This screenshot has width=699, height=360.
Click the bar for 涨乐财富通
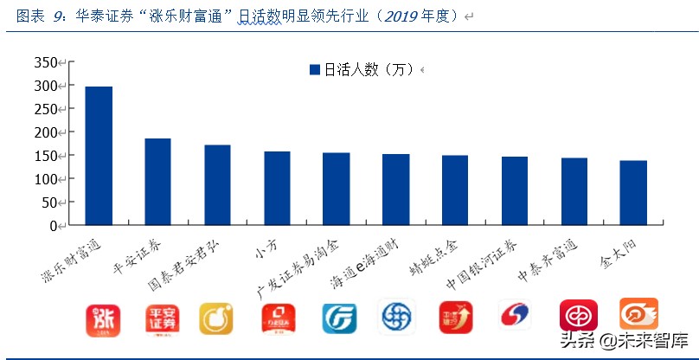pos(99,156)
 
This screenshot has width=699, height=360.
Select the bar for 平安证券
pos(157,182)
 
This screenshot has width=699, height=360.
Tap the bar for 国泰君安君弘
pos(217,185)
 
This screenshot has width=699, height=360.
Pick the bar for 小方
pos(277,189)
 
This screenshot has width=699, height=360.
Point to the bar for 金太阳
pos(634,193)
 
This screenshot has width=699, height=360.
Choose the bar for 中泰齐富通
pos(574,191)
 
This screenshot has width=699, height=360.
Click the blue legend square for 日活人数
pos(315,70)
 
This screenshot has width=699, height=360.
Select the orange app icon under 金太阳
pos(638,313)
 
